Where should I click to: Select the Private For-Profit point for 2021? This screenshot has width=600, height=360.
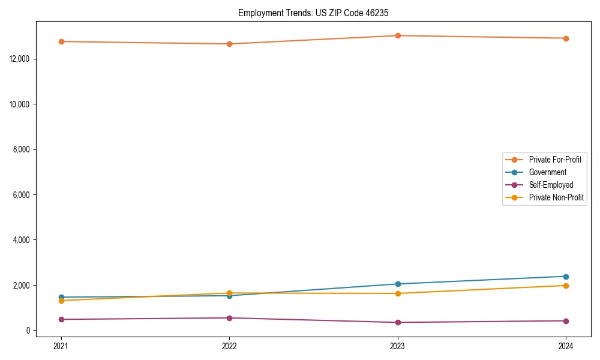coord(61,41)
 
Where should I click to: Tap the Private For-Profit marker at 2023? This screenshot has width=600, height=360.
coord(398,35)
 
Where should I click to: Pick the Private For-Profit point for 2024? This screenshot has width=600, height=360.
coord(566,38)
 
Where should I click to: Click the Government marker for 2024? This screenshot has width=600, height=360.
coord(566,277)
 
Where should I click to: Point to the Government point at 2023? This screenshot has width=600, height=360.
coord(398,284)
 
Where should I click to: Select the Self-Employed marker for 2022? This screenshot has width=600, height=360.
coord(229,318)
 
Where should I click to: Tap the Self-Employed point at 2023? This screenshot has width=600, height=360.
coord(398,322)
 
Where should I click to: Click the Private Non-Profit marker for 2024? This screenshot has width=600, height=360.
coord(566,286)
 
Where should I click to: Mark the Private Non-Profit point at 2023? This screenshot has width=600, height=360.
coord(398,293)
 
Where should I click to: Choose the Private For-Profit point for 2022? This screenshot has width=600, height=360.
coord(229,44)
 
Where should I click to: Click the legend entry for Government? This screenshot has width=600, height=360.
coord(547,172)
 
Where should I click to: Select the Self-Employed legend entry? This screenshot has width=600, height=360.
coord(551,185)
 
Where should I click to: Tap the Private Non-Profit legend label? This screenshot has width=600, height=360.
coord(556,197)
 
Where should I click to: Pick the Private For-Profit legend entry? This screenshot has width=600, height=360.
coord(555,160)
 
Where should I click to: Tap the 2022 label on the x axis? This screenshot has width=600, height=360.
coord(229,346)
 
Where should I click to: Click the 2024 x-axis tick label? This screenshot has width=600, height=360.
coord(566,346)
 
